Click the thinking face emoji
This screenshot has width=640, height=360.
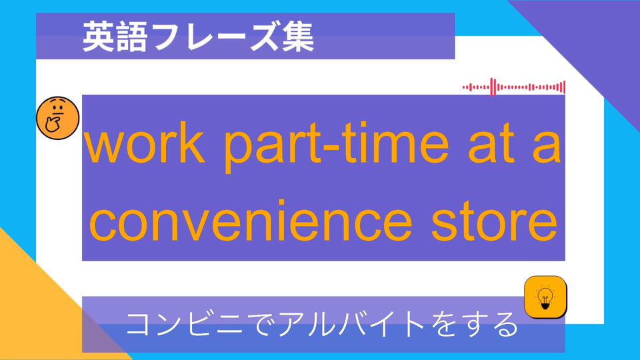point(57,118)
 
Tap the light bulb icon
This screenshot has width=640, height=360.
point(545,297)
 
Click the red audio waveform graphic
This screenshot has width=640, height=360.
point(514,87)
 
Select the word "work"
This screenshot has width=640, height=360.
point(145,143)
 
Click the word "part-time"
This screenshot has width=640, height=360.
point(336,145)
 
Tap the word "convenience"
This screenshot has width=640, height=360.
point(251,221)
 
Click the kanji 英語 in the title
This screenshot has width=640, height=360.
point(115,37)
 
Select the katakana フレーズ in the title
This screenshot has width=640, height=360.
point(215,37)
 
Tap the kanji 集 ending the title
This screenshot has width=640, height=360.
point(298,37)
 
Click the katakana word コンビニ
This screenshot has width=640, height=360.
point(185,325)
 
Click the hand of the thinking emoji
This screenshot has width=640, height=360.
point(53,124)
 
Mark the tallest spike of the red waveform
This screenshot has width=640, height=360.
point(493,87)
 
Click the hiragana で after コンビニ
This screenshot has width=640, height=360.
point(261,325)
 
